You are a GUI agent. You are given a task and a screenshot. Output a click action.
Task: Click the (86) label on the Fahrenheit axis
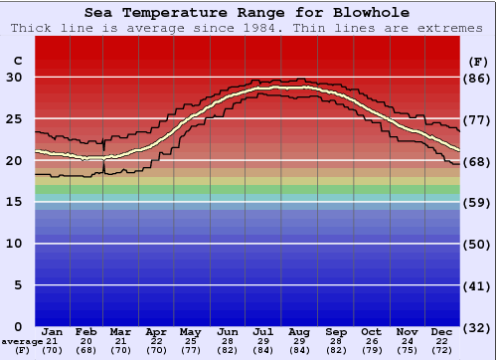click(x=477, y=78)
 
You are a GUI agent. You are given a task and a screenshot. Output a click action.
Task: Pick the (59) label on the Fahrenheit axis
click(x=477, y=202)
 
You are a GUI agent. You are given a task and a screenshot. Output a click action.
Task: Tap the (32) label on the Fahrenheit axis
click(x=477, y=326)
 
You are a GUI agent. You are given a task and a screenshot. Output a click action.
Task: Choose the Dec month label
click(x=442, y=331)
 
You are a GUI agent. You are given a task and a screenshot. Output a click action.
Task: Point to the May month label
click(x=189, y=331)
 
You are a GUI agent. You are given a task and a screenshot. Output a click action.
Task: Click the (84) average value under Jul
click(x=264, y=350)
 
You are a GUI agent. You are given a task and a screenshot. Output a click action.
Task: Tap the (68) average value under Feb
click(x=86, y=350)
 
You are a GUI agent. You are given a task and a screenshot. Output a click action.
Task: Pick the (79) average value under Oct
click(x=371, y=350)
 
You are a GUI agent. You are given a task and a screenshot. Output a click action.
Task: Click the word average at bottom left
click(x=20, y=341)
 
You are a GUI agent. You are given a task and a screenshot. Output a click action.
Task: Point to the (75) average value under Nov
click(x=407, y=350)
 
